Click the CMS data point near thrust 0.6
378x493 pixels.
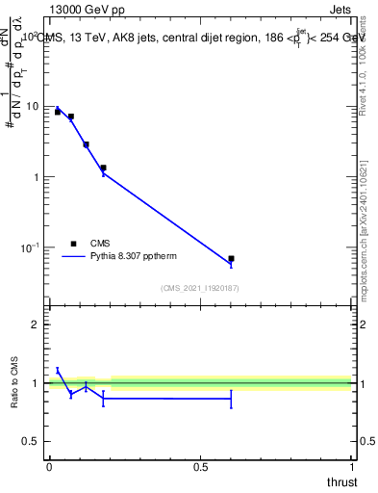point(231,258)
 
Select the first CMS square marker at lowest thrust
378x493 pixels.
point(58,113)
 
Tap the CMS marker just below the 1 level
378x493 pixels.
point(103,168)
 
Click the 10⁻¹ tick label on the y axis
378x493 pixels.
point(32,248)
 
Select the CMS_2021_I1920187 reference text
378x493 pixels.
point(199,288)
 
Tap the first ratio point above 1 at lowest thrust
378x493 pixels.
point(58,370)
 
